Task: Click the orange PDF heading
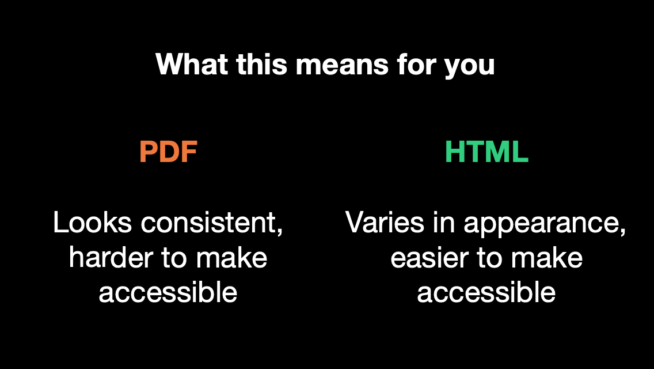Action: (168, 152)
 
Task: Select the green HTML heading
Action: (486, 152)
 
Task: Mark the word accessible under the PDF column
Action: (168, 292)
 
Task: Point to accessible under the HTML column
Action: (486, 292)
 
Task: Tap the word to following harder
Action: (174, 258)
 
